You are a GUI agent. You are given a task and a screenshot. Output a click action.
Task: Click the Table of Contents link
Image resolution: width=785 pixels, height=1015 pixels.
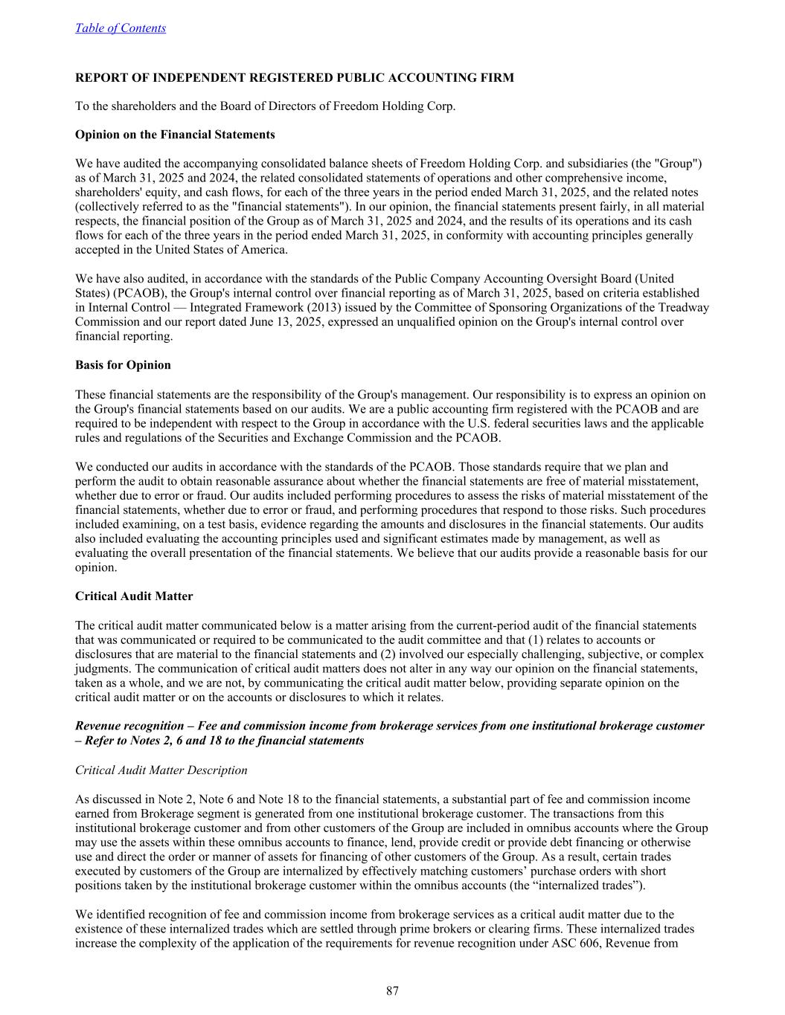pyautogui.click(x=121, y=28)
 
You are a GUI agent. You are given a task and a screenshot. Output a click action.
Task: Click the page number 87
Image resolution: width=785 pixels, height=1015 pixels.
pyautogui.click(x=392, y=990)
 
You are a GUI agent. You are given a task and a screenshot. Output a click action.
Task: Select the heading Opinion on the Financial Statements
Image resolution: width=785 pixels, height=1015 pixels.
pyautogui.click(x=175, y=135)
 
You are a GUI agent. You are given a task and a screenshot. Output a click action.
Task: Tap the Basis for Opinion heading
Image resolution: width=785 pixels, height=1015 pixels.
pyautogui.click(x=123, y=365)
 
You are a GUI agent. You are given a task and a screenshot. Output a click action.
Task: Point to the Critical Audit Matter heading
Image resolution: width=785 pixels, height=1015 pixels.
pyautogui.click(x=134, y=596)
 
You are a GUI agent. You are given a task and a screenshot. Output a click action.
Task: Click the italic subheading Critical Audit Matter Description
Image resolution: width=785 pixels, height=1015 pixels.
pyautogui.click(x=161, y=770)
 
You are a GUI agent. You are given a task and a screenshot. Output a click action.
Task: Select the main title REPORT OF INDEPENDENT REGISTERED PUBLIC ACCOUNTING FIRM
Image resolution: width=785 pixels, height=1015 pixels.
pyautogui.click(x=294, y=77)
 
